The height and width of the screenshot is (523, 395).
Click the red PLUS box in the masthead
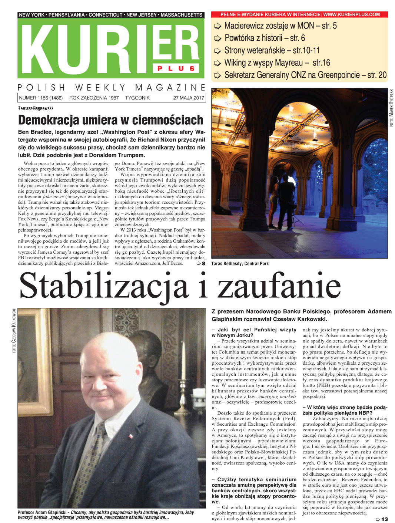click(176, 68)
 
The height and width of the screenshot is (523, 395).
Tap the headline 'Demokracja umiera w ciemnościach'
click(111, 120)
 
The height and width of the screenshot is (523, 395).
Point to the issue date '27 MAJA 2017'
click(189, 98)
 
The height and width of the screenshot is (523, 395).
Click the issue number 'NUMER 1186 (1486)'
click(41, 98)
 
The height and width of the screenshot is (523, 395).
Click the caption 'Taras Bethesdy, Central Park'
click(240, 264)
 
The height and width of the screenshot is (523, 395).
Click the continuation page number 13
click(384, 519)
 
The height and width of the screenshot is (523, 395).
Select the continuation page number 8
click(203, 263)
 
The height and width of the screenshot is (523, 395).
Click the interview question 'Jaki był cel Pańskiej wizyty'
click(254, 330)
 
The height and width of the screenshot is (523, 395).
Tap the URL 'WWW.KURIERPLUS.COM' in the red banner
click(351, 14)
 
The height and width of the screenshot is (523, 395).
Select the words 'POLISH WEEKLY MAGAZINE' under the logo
click(111, 88)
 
